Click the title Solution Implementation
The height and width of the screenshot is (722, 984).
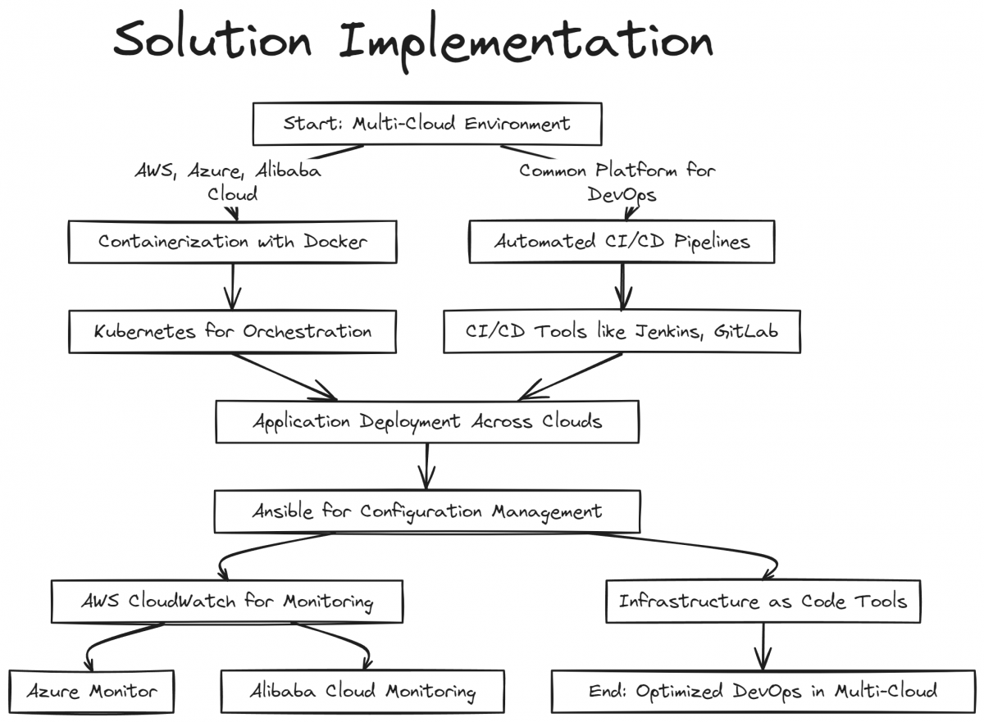pos(412,41)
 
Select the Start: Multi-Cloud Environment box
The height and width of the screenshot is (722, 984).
pos(426,125)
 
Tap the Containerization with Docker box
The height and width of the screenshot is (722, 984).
pos(233,242)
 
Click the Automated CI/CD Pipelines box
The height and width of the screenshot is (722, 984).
pos(622,242)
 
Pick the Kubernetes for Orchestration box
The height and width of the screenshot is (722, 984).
pos(233,332)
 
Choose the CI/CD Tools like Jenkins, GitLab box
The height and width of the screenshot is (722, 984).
pos(622,332)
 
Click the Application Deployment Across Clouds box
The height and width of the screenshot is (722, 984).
pos(426,422)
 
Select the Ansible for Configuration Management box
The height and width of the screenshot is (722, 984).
pos(426,512)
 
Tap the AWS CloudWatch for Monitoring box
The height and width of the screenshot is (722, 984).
pos(227,602)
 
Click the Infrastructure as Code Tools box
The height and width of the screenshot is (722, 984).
pos(763,602)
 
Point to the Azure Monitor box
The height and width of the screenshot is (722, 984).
pos(92,692)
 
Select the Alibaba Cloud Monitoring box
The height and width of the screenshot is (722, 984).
pos(362,692)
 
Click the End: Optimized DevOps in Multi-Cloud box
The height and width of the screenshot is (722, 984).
pos(763,692)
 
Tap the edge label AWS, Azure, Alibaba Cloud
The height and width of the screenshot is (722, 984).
pos(228,182)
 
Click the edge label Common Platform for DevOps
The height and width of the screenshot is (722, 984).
pos(617,182)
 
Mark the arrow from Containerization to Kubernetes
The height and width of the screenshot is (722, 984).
pos(233,287)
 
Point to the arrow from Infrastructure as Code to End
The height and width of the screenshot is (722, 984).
pos(763,647)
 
